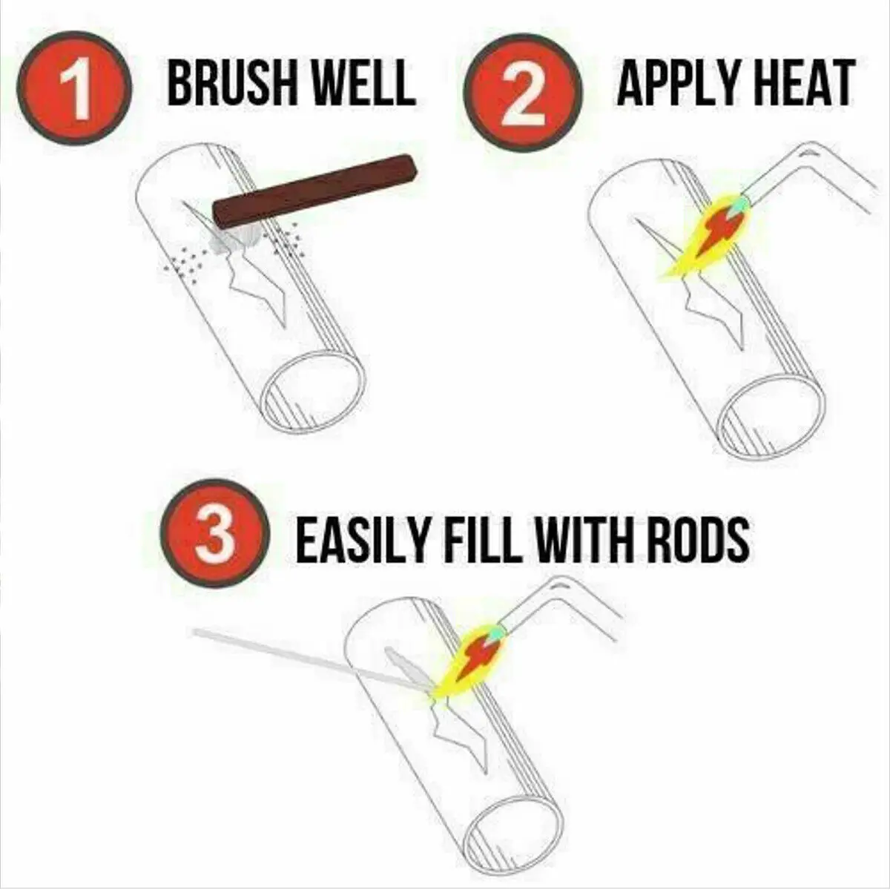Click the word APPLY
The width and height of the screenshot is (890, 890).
[674, 84]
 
